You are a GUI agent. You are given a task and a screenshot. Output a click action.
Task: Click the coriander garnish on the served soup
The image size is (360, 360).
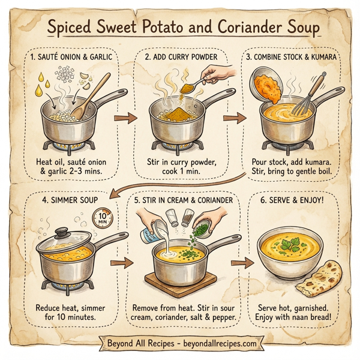(287, 247)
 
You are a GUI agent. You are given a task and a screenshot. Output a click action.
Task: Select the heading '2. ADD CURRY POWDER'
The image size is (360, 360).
(179, 58)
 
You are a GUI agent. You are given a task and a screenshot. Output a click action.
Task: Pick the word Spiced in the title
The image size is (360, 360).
(68, 28)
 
